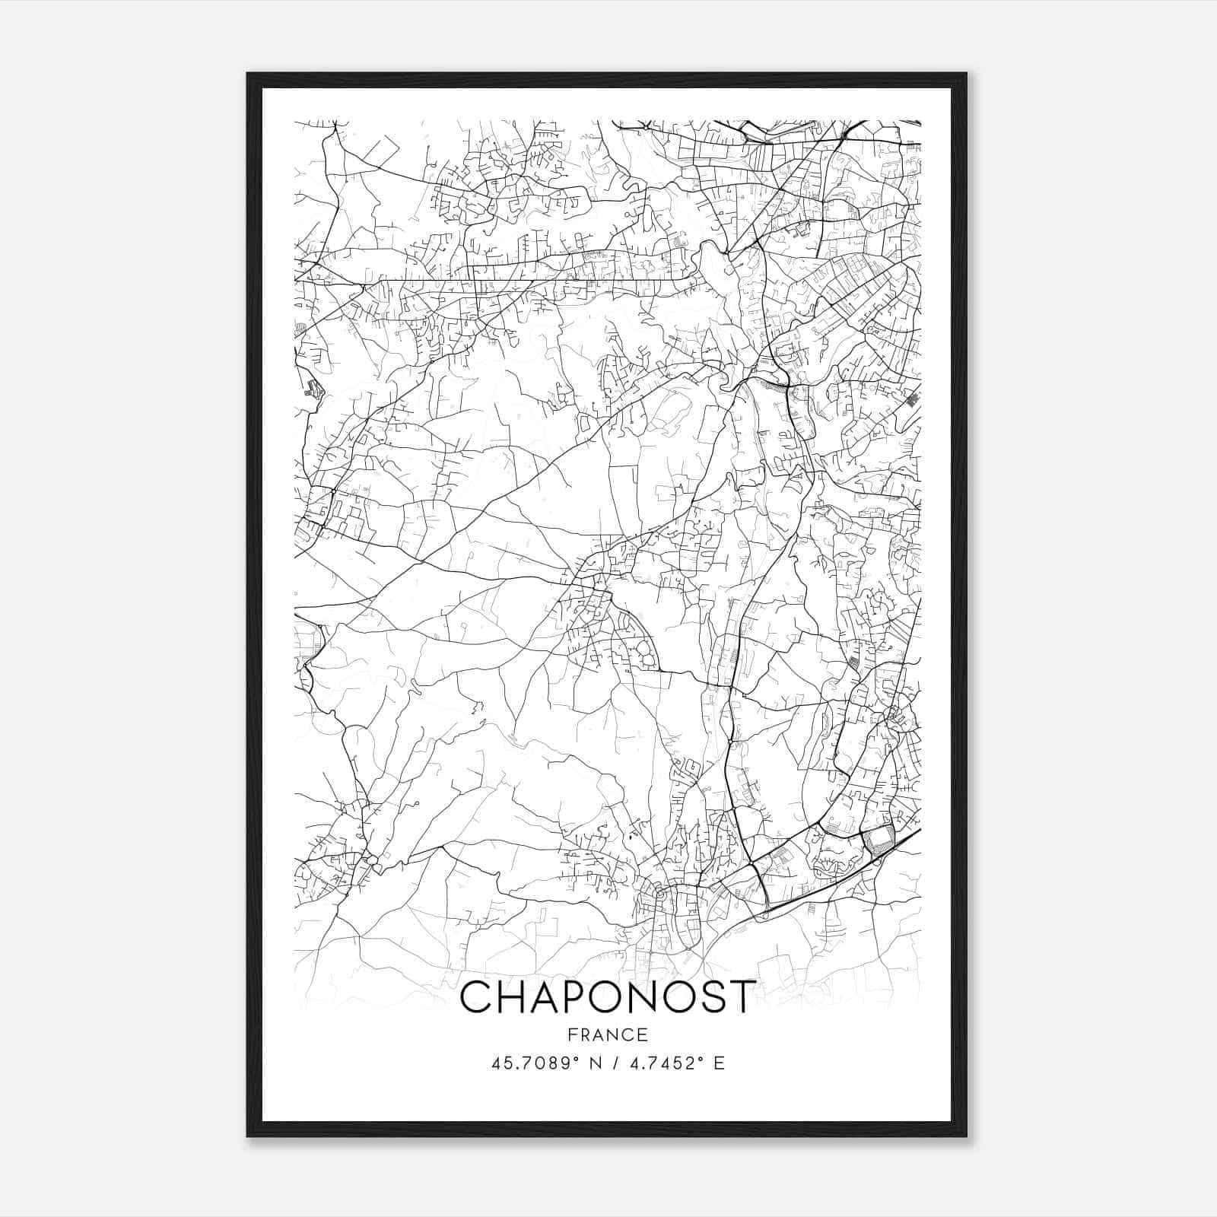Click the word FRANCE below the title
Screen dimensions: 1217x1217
608,1034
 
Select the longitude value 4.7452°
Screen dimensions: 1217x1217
663,1063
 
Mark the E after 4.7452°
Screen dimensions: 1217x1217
719,1063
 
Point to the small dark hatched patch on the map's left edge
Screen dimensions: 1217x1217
313,389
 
